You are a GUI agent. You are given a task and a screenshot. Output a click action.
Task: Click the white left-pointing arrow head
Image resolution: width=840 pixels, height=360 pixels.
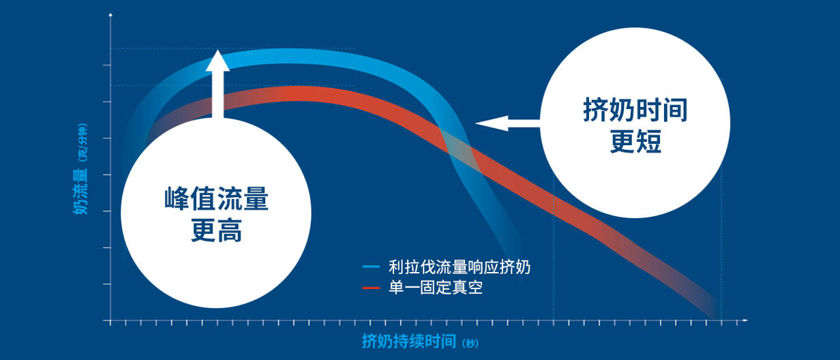click(x=492, y=123)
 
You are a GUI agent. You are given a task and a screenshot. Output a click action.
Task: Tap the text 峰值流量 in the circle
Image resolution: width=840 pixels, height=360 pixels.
click(x=216, y=198)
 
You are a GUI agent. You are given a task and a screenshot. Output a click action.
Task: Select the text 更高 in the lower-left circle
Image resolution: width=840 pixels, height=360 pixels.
click(x=216, y=230)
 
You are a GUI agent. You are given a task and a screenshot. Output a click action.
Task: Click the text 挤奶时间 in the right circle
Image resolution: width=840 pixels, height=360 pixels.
click(x=635, y=110)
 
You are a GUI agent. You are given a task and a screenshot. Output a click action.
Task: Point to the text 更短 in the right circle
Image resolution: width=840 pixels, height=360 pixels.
click(x=635, y=141)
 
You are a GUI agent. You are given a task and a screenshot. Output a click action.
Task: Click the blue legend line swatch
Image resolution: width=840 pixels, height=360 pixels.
click(x=371, y=267)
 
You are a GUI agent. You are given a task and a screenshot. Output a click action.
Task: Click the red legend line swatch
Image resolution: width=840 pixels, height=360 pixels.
click(x=371, y=288)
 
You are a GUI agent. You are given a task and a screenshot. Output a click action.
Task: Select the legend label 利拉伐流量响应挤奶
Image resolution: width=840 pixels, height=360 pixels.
click(x=460, y=267)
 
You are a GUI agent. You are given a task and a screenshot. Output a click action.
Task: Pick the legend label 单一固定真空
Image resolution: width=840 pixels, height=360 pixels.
click(x=436, y=288)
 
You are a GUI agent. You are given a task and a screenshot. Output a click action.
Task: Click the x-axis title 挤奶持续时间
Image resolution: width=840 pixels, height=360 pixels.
click(x=409, y=341)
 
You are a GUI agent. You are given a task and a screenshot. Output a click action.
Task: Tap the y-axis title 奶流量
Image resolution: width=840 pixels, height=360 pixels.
click(x=80, y=191)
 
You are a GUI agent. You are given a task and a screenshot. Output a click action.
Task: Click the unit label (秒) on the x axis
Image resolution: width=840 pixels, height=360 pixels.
click(x=470, y=343)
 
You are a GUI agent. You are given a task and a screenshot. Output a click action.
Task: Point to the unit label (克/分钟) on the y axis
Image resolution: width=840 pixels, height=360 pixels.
click(x=83, y=142)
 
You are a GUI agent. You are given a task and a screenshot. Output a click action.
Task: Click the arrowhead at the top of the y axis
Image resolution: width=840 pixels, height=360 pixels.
click(x=110, y=14)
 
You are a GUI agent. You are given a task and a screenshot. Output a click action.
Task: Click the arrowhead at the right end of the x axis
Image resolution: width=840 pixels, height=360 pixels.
click(x=745, y=320)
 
